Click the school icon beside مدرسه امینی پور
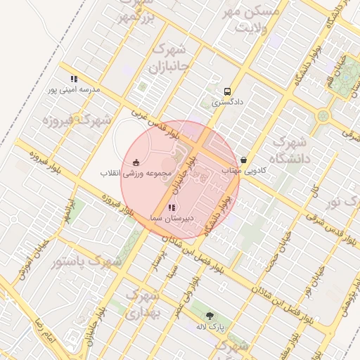(x=74, y=79)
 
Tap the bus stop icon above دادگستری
(x=227, y=91)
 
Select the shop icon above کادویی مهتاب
(x=243, y=160)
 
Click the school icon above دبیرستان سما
(x=172, y=208)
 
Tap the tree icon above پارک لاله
(x=210, y=316)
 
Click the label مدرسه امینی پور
(x=74, y=90)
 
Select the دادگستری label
(x=227, y=103)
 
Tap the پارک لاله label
(x=210, y=328)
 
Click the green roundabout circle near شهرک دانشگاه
(x=323, y=115)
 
